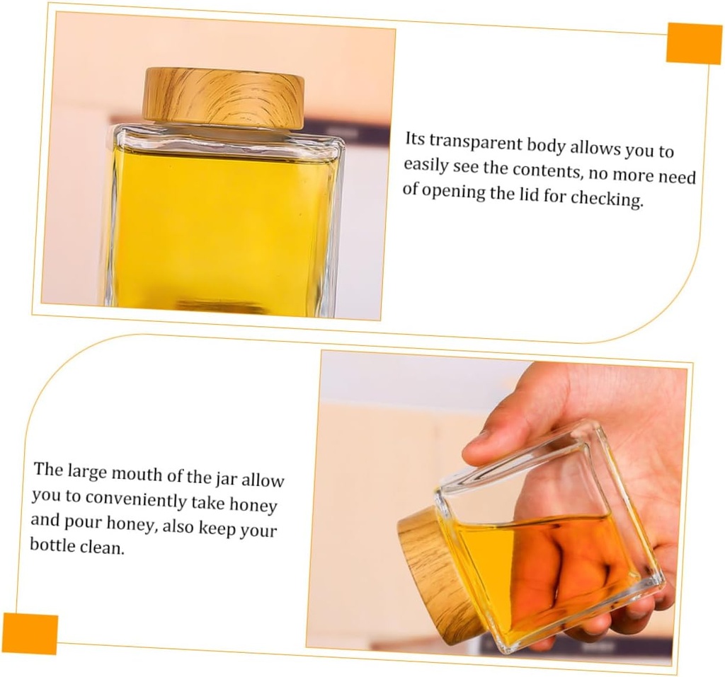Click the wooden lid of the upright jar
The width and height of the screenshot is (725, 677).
coord(223,98)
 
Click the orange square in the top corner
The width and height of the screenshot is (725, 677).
coord(694,43)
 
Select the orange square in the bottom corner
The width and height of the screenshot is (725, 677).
coord(30,632)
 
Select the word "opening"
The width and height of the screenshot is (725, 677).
coord(451,192)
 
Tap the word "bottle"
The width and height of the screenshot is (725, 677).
coord(52,545)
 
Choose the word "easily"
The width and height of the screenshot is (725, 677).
coord(425,166)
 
